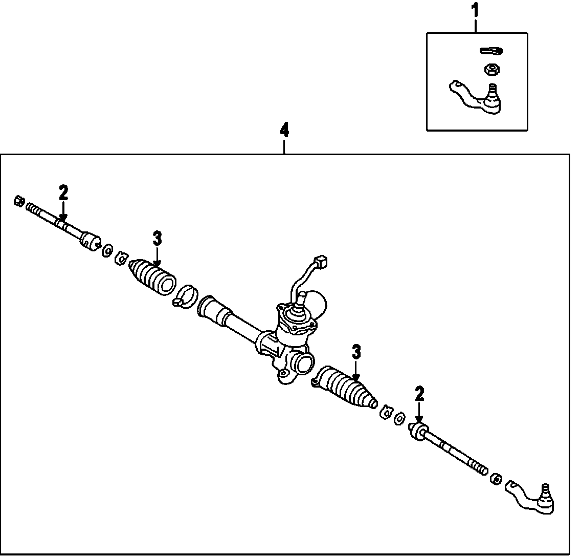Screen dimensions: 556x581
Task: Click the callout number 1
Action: pos(476,10)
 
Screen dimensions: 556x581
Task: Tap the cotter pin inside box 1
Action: pos(491,50)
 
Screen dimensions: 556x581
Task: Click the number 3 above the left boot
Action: pos(157,238)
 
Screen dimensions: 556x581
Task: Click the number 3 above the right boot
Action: pos(356,352)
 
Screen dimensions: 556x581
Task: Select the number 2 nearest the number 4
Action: pos(63,193)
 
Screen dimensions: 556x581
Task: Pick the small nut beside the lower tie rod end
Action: pos(495,479)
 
